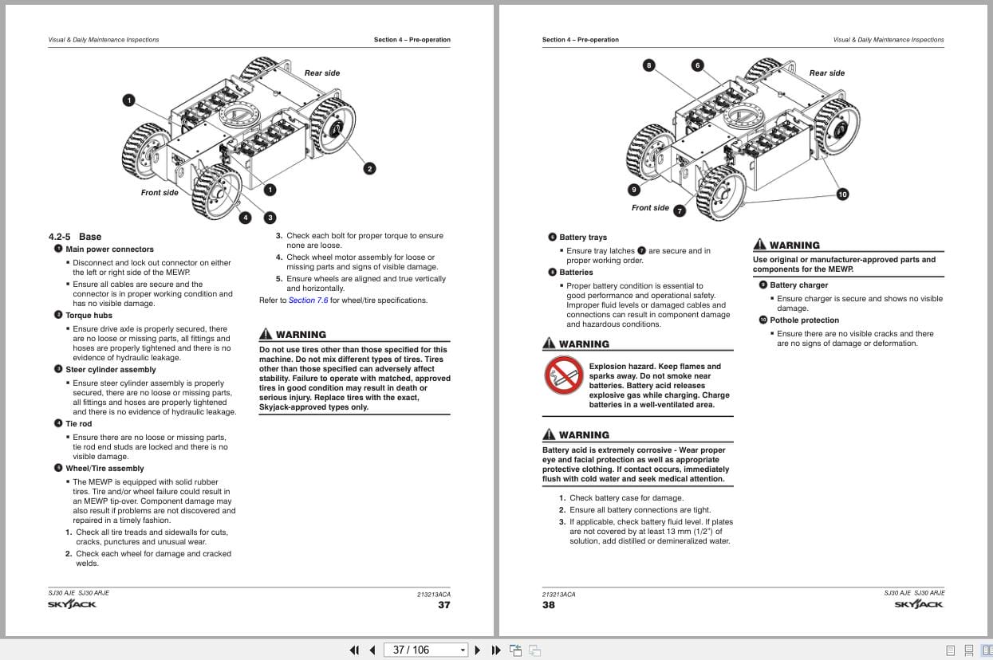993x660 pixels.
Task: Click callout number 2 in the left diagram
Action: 369,168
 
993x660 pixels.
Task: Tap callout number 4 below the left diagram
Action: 246,218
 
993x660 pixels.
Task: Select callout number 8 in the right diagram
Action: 649,65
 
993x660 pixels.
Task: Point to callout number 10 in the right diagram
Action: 843,194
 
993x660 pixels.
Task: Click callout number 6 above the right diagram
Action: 698,65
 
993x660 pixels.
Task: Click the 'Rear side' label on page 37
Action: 321,73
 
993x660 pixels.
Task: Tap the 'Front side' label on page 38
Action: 650,208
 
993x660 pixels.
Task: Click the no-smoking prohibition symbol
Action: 563,376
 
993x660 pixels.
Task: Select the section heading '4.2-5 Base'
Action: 75,237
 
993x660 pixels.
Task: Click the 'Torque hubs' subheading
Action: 89,316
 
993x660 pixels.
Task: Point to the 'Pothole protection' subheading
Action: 804,320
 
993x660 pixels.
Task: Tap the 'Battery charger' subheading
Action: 798,285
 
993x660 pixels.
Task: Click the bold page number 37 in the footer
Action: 443,605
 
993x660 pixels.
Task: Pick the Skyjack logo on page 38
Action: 919,605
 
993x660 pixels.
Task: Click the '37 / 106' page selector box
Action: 425,650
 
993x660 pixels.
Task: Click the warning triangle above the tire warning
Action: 266,335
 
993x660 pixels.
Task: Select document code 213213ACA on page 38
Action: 558,595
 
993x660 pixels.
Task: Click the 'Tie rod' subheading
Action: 78,424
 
